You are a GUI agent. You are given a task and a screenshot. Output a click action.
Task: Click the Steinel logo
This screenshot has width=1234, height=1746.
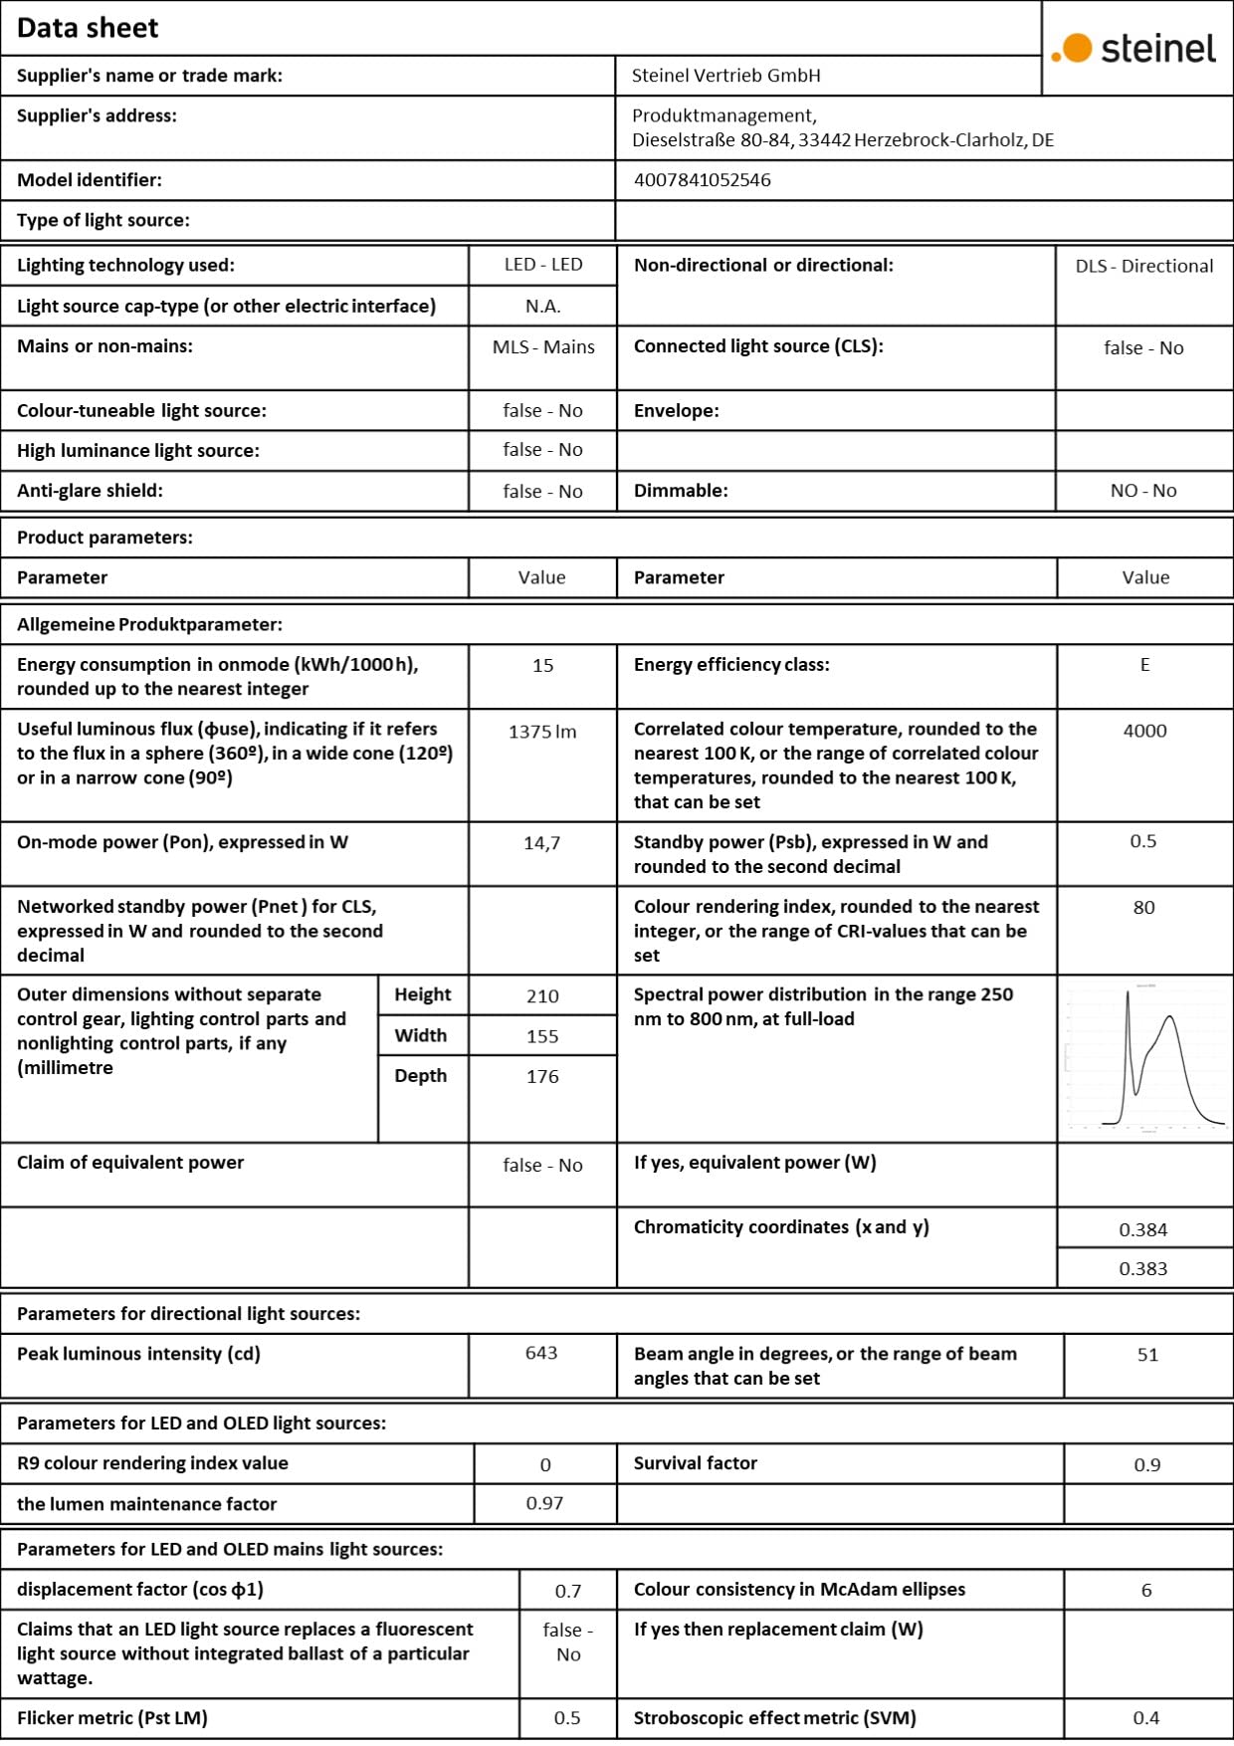tap(1134, 48)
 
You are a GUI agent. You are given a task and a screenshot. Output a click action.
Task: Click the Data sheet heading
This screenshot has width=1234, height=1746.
tap(88, 28)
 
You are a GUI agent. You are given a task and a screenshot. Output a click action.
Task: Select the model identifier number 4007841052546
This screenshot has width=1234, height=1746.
tap(702, 180)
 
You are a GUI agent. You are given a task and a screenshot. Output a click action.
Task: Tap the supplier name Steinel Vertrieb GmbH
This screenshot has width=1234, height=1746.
tap(725, 76)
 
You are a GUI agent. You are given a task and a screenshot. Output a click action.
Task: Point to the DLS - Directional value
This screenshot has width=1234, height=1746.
tap(1143, 266)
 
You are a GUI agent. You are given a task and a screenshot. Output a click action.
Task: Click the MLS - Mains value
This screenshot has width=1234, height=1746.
tap(543, 347)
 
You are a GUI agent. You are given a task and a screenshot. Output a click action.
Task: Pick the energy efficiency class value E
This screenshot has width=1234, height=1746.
tap(1144, 665)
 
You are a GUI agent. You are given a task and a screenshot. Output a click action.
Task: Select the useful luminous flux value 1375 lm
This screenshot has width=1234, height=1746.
tap(542, 732)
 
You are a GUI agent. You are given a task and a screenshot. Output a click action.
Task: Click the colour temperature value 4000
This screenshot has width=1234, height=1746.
tap(1144, 731)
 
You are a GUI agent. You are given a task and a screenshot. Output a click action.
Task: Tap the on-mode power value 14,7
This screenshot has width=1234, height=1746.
tap(542, 843)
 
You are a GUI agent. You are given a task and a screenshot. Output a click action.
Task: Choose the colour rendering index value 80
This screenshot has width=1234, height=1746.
tap(1144, 908)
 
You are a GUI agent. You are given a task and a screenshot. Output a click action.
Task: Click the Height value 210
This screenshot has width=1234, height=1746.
tap(542, 996)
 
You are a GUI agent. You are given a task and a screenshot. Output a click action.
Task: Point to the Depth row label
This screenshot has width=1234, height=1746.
tap(421, 1076)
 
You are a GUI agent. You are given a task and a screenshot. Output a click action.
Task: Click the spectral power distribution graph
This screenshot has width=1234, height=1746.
tap(1144, 1058)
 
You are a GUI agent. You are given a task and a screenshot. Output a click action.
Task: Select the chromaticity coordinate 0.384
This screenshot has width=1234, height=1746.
tap(1143, 1229)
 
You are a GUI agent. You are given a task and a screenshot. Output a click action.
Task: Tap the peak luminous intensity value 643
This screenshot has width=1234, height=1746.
tap(541, 1354)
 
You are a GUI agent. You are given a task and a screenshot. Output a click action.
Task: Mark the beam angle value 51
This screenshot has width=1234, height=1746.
tap(1147, 1355)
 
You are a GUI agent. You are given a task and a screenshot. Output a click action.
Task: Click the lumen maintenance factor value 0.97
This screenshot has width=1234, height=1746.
tap(544, 1503)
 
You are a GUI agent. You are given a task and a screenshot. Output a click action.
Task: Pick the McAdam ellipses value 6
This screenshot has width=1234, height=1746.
tap(1146, 1591)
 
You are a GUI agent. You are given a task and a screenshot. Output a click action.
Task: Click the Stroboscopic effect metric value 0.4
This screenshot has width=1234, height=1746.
tap(1146, 1718)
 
